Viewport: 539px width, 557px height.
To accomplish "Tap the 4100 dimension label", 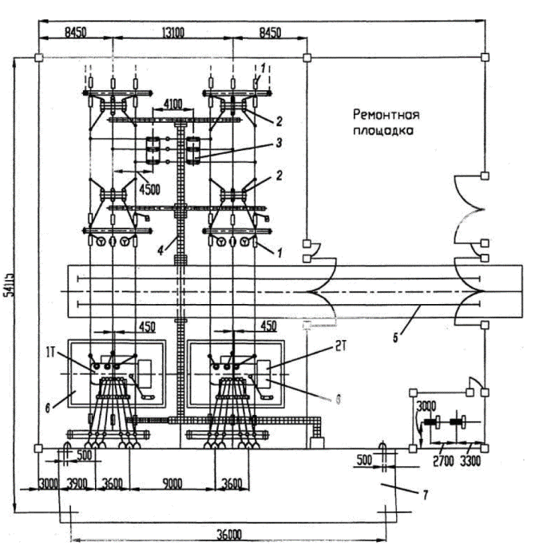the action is point(175,104).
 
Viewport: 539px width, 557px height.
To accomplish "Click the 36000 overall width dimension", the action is point(227,535).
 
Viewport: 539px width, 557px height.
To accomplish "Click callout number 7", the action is point(425,496).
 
